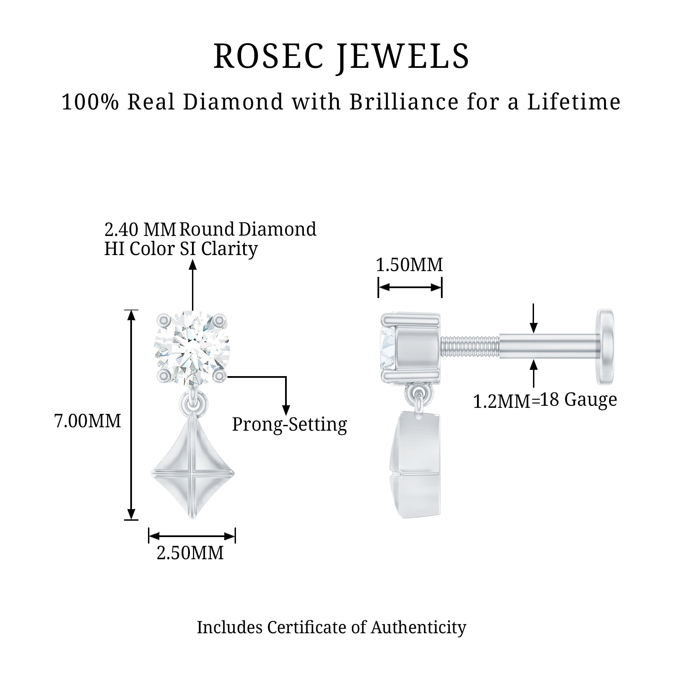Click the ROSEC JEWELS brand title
[x=341, y=57]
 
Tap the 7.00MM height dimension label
[x=88, y=421]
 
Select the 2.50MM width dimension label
[x=190, y=553]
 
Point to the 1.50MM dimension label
[x=409, y=265]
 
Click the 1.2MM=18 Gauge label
[x=545, y=400]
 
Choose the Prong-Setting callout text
[x=290, y=424]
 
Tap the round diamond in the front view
[x=192, y=348]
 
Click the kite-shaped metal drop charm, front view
[x=193, y=465]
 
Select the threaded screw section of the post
[x=470, y=347]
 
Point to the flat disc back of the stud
[x=605, y=347]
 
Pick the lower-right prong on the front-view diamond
[x=220, y=376]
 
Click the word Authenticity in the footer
[x=418, y=628]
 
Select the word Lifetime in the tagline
[x=574, y=102]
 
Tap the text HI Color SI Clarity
[x=181, y=249]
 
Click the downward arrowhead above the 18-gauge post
[x=534, y=328]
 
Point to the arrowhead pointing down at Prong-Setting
[x=286, y=410]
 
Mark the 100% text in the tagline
[x=90, y=102]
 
